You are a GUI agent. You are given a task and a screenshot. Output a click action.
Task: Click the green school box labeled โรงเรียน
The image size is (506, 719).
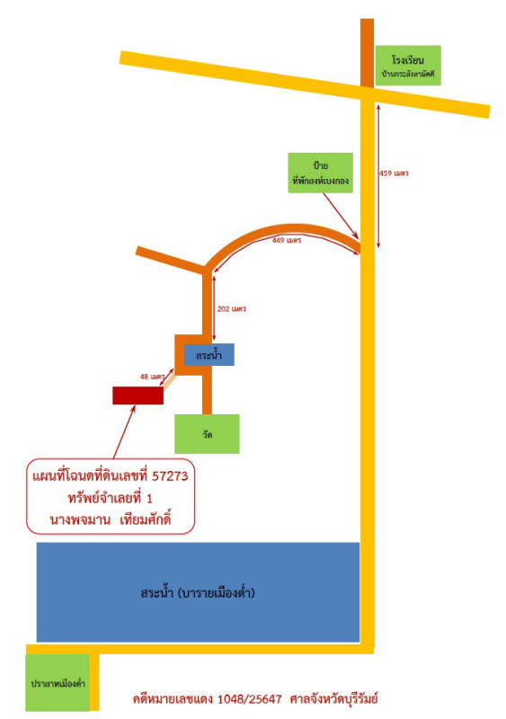408,66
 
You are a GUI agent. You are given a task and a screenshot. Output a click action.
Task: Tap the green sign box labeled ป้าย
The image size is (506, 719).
320,173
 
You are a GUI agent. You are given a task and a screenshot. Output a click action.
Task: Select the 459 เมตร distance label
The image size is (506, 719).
394,173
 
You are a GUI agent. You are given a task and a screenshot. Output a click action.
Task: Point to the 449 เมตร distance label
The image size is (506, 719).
287,240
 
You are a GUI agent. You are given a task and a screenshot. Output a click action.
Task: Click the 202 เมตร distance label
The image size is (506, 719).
232,309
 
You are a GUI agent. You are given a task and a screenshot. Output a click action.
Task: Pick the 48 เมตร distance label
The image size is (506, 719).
152,377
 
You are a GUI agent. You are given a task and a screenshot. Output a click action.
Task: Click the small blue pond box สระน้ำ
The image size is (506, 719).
209,354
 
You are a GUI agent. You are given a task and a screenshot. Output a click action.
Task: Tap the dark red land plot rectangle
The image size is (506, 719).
138,395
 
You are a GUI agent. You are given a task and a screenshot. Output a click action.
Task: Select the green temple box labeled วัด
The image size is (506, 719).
207,434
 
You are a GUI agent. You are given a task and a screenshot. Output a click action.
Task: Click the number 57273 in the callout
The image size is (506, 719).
170,476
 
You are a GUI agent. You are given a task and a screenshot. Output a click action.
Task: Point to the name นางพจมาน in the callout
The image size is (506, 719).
80,520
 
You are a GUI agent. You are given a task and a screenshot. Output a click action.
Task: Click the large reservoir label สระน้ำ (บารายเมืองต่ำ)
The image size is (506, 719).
198,592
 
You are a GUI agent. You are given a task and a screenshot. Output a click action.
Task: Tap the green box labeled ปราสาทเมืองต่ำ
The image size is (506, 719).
58,683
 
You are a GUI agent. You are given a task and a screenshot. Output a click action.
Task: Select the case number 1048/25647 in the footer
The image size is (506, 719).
250,699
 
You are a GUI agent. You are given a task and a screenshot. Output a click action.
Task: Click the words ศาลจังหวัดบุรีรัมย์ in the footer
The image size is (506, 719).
334,699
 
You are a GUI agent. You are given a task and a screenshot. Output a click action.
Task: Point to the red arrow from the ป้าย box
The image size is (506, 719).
341,216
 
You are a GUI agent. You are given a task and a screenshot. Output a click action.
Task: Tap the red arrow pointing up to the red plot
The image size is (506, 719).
124,431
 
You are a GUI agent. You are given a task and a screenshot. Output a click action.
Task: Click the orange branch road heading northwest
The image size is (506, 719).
171,261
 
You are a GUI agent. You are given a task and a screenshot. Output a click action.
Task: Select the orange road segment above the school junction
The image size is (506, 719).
367,53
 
